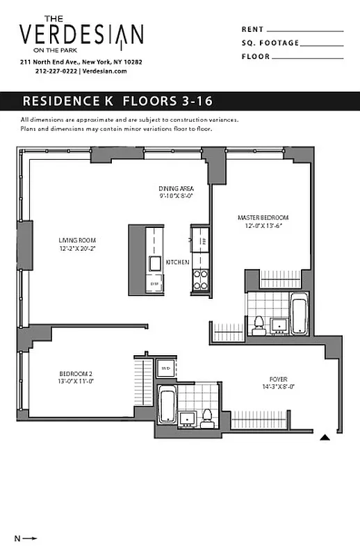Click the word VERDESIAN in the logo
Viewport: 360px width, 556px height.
coord(81,35)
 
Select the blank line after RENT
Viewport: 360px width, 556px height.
coord(305,31)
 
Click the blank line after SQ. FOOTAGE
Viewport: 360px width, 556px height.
coord(322,44)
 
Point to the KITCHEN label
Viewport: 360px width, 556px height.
coord(177,262)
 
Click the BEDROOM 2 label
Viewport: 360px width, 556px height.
coord(76,377)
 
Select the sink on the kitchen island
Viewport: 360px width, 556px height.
coord(154,262)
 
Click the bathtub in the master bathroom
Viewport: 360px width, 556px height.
coord(300,316)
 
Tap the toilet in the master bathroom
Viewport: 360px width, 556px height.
coord(258,323)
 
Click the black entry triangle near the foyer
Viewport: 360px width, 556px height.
coord(325,438)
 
